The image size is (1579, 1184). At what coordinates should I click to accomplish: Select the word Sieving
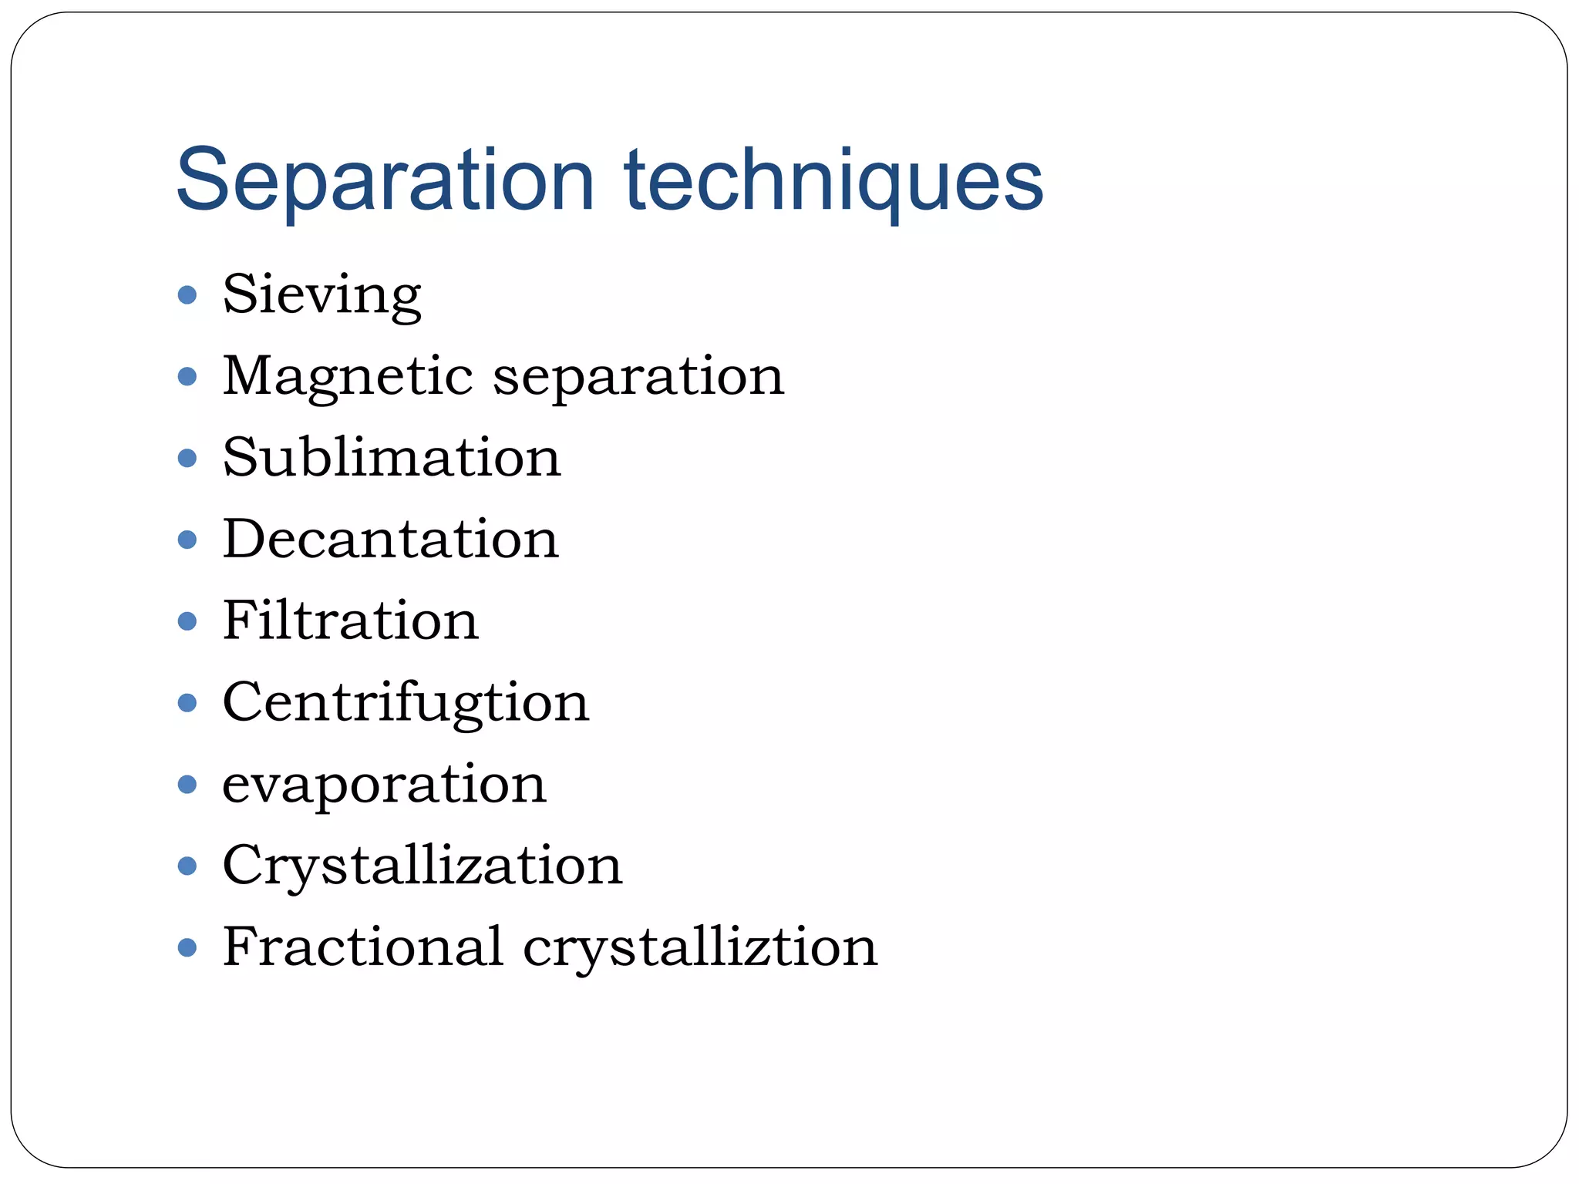pyautogui.click(x=322, y=295)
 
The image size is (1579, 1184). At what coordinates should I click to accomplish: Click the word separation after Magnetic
pyautogui.click(x=638, y=377)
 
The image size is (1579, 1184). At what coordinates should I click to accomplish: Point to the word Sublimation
pyautogui.click(x=392, y=458)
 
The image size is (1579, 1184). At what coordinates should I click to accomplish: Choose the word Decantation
pyautogui.click(x=390, y=539)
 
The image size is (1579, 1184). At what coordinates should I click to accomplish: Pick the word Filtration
pyautogui.click(x=350, y=621)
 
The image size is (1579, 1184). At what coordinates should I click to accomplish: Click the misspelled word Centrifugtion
pyautogui.click(x=406, y=703)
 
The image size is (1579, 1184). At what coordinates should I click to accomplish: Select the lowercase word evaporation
pyautogui.click(x=384, y=785)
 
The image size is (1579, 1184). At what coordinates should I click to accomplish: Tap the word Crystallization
pyautogui.click(x=422, y=866)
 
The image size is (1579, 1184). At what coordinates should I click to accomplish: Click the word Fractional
pyautogui.click(x=362, y=947)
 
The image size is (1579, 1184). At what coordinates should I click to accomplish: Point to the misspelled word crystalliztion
pyautogui.click(x=700, y=947)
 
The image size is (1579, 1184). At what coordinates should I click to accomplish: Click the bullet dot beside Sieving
pyautogui.click(x=187, y=295)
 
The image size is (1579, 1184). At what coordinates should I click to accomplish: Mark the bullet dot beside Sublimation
pyautogui.click(x=187, y=459)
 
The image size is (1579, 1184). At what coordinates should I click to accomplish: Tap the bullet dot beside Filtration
pyautogui.click(x=187, y=621)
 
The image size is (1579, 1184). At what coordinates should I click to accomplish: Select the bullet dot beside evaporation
pyautogui.click(x=187, y=785)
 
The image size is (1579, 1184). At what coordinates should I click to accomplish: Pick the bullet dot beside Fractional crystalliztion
pyautogui.click(x=187, y=947)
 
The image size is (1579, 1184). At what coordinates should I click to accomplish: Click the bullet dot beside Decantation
pyautogui.click(x=187, y=540)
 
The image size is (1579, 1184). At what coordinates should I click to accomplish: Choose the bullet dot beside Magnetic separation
pyautogui.click(x=187, y=377)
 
